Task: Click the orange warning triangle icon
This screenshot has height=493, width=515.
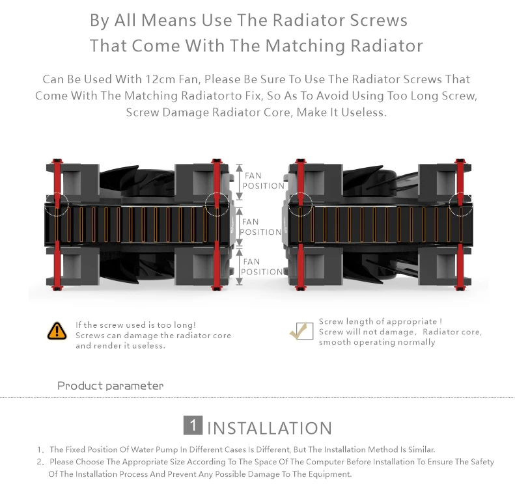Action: [57, 330]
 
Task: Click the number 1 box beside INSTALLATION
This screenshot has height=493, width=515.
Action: [193, 426]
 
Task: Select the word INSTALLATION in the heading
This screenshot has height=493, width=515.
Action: [270, 428]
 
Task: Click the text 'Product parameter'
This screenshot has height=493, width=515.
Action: [111, 386]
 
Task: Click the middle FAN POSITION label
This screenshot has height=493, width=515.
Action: [260, 227]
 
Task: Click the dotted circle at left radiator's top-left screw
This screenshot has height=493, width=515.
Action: [57, 204]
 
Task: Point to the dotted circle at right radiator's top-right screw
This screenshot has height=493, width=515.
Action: [461, 204]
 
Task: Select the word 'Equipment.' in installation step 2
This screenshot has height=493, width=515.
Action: [328, 474]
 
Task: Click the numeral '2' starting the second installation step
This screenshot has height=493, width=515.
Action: [40, 462]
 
